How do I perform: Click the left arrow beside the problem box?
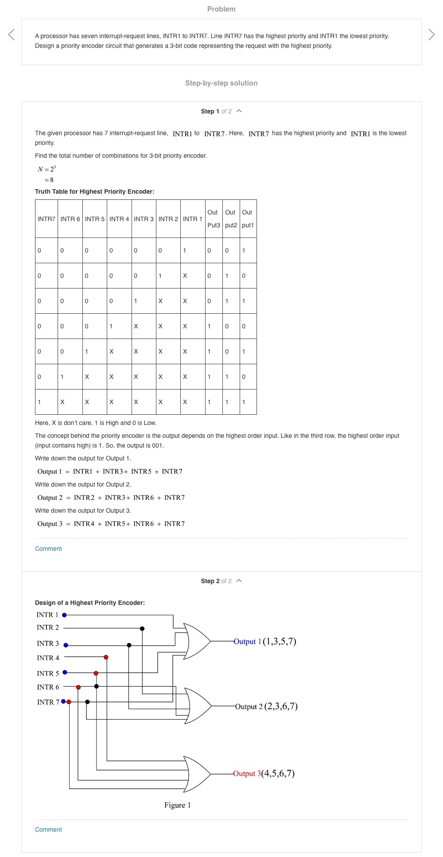[x=12, y=35]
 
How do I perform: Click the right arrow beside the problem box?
[x=431, y=35]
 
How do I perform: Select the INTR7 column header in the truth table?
[x=47, y=219]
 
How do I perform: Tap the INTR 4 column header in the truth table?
[x=119, y=219]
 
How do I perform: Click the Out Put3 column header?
[x=214, y=219]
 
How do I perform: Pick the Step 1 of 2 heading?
[x=216, y=111]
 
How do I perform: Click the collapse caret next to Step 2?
[x=239, y=580]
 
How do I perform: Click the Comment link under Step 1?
[x=48, y=549]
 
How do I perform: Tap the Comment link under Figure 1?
[x=48, y=830]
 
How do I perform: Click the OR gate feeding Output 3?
[x=198, y=774]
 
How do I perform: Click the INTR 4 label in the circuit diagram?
[x=48, y=658]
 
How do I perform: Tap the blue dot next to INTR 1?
[x=64, y=615]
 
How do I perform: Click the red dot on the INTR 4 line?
[x=106, y=657]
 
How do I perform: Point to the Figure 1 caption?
[x=177, y=805]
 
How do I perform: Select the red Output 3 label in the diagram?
[x=247, y=774]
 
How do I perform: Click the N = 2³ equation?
[x=47, y=169]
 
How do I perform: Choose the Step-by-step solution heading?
[x=221, y=83]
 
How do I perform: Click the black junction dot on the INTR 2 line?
[x=142, y=628]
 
